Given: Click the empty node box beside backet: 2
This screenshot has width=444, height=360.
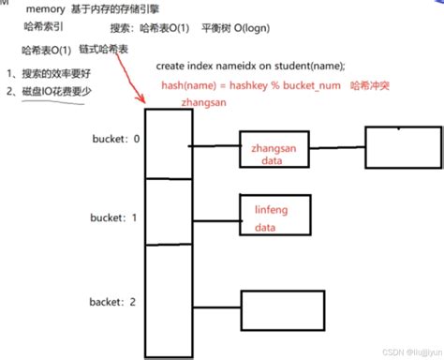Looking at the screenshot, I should [x=285, y=307].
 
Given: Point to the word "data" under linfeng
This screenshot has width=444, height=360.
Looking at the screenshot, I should [x=266, y=228].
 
